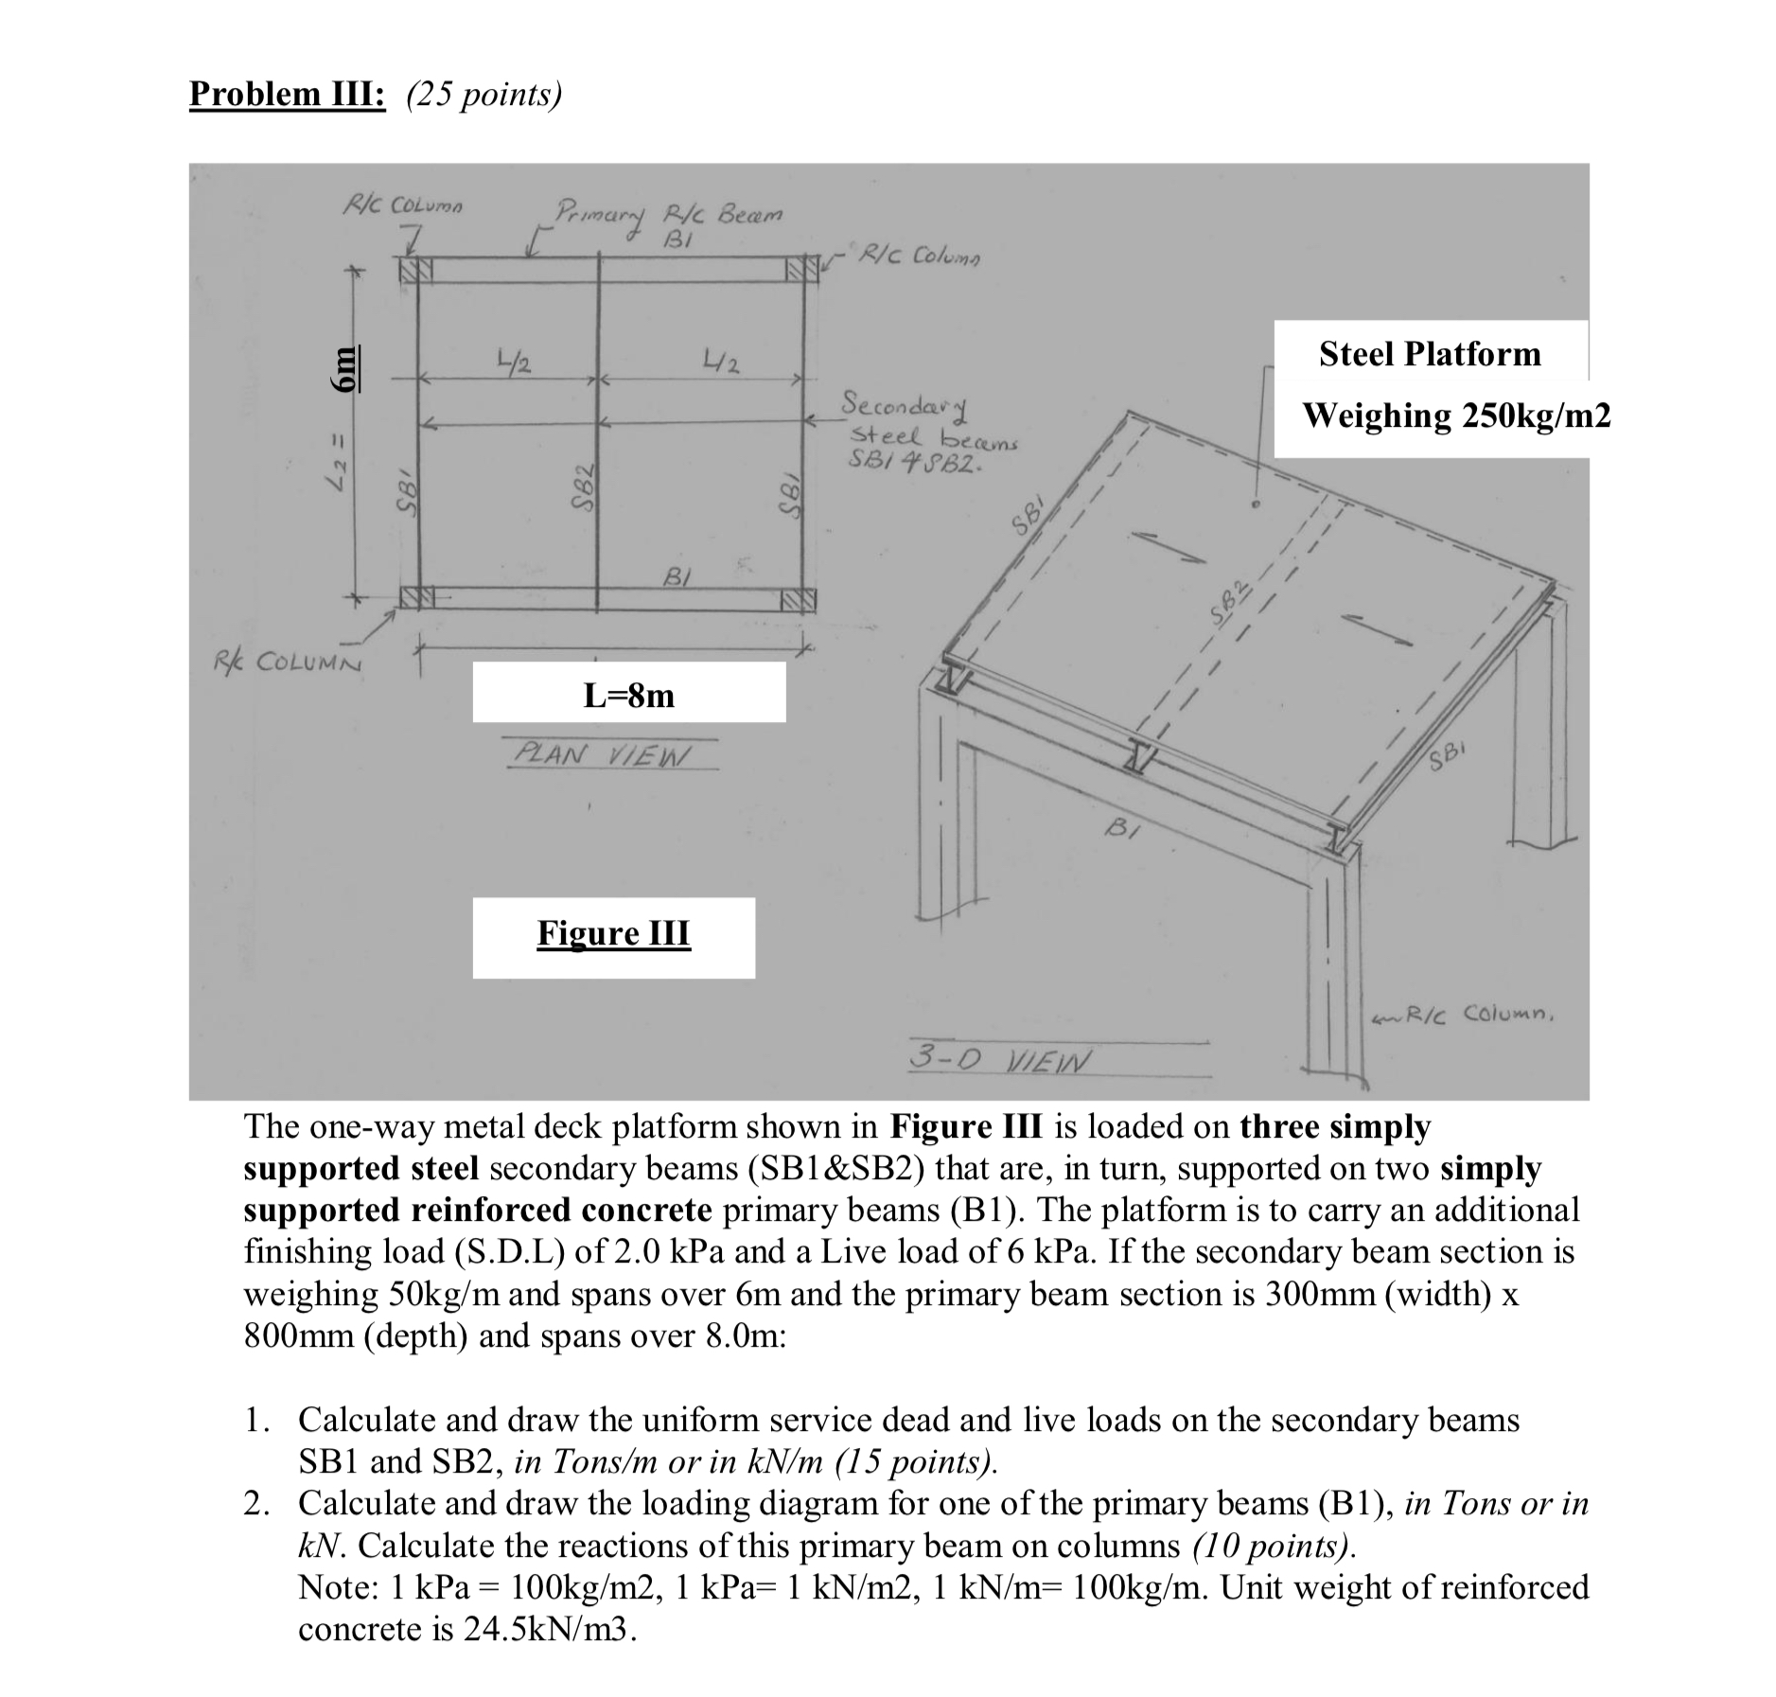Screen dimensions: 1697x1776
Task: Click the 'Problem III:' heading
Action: coord(287,95)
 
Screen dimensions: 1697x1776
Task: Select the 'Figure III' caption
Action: coord(613,933)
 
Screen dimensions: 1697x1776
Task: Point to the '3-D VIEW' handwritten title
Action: coord(998,1057)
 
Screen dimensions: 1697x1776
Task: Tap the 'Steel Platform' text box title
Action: coord(1430,354)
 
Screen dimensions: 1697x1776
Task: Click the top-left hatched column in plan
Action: coord(413,270)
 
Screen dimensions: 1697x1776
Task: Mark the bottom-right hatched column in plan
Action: coord(798,598)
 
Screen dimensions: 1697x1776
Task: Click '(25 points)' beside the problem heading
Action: coord(484,95)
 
